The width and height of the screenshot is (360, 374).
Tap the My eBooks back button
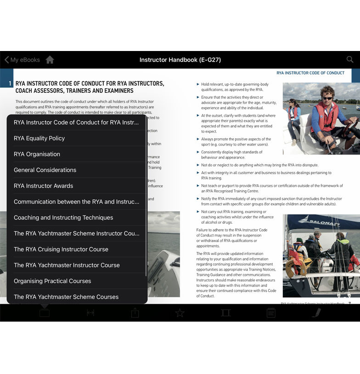pos(22,60)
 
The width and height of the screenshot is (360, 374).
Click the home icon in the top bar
pos(50,60)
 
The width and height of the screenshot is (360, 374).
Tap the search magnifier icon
pos(350,59)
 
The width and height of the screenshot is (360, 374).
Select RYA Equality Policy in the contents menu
pos(39,138)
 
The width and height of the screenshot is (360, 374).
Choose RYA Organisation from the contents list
pos(37,154)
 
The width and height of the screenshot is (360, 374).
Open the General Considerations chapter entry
pos(45,170)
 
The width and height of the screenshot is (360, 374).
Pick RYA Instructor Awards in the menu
pos(43,186)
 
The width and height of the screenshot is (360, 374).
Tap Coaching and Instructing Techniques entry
pos(63,217)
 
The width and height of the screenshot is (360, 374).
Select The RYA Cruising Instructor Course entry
pos(61,249)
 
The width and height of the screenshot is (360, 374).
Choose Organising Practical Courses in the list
pos(52,281)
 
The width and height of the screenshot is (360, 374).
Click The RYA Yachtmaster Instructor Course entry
pos(67,265)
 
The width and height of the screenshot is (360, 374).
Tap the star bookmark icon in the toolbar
pos(180,313)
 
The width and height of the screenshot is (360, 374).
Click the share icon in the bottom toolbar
pos(135,313)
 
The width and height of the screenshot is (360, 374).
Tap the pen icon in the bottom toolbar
pos(316,313)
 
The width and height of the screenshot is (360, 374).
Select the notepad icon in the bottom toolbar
pos(271,313)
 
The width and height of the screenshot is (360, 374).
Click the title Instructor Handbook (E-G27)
pos(180,60)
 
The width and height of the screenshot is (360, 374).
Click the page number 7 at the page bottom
pos(349,303)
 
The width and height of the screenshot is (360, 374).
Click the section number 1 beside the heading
pos(10,84)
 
